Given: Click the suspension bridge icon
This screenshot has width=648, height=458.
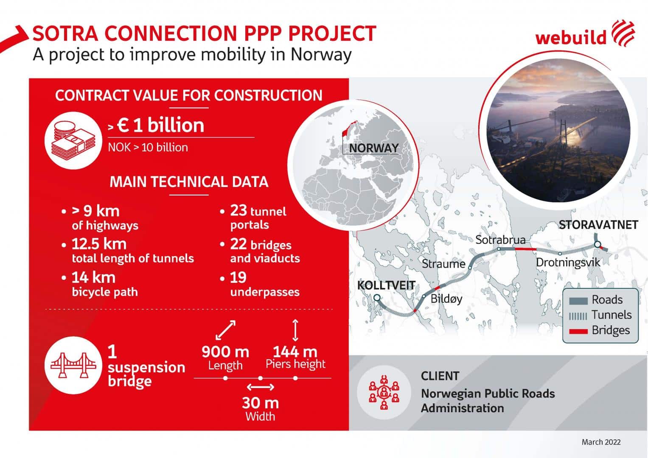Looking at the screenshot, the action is click(73, 365).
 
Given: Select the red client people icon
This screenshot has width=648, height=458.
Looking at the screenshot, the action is click(384, 392).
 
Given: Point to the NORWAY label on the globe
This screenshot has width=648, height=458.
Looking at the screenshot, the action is click(374, 148).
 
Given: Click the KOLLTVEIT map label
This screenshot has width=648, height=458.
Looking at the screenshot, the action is click(386, 285).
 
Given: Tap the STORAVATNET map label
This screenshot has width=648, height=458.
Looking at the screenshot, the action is click(598, 225).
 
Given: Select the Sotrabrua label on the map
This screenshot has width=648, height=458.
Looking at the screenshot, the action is click(500, 240).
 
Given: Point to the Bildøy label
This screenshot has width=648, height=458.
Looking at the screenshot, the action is click(446, 299).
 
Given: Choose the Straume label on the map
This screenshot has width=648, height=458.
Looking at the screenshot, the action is click(443, 264).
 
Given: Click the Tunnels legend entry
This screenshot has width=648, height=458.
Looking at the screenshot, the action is click(600, 315).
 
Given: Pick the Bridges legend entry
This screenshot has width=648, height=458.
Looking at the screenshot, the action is click(599, 330).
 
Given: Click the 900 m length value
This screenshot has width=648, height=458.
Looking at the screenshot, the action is click(225, 352).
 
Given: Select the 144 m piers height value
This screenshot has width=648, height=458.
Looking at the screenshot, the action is click(295, 352).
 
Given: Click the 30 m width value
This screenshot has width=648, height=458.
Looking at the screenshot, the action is click(261, 403).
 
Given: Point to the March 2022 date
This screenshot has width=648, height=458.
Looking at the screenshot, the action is click(601, 442).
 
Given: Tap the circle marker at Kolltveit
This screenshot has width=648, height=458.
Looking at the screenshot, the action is click(377, 298).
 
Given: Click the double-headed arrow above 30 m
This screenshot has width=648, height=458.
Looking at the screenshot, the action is click(261, 387).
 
